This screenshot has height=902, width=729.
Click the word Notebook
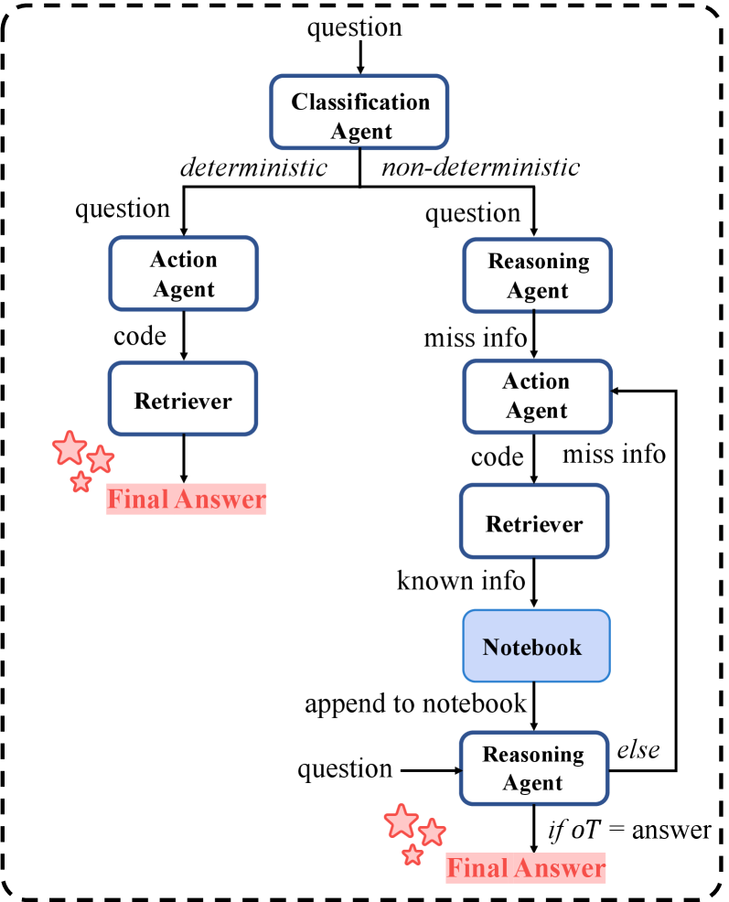tap(531, 648)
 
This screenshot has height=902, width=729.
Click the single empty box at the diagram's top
tap(359, 112)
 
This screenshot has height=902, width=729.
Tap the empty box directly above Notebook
tap(534, 521)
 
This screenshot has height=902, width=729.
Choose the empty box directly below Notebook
tap(534, 768)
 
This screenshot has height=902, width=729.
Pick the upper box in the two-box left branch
tap(184, 274)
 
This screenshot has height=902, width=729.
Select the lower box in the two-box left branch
tap(183, 398)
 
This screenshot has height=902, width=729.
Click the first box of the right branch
tap(537, 275)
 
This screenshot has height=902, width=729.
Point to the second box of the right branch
tap(537, 397)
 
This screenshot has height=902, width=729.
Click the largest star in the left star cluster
tap(70, 448)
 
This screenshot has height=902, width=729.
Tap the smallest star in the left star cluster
tap(81, 482)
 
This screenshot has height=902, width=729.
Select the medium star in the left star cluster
tap(101, 458)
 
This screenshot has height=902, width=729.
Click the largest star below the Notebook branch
tap(401, 821)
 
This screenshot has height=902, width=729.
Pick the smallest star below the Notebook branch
tap(413, 854)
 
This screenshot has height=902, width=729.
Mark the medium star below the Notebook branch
tap(432, 832)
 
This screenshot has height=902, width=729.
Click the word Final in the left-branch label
tap(138, 499)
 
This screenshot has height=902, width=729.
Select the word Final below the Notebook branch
tap(477, 867)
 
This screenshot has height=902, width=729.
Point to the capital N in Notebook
tap(491, 648)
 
